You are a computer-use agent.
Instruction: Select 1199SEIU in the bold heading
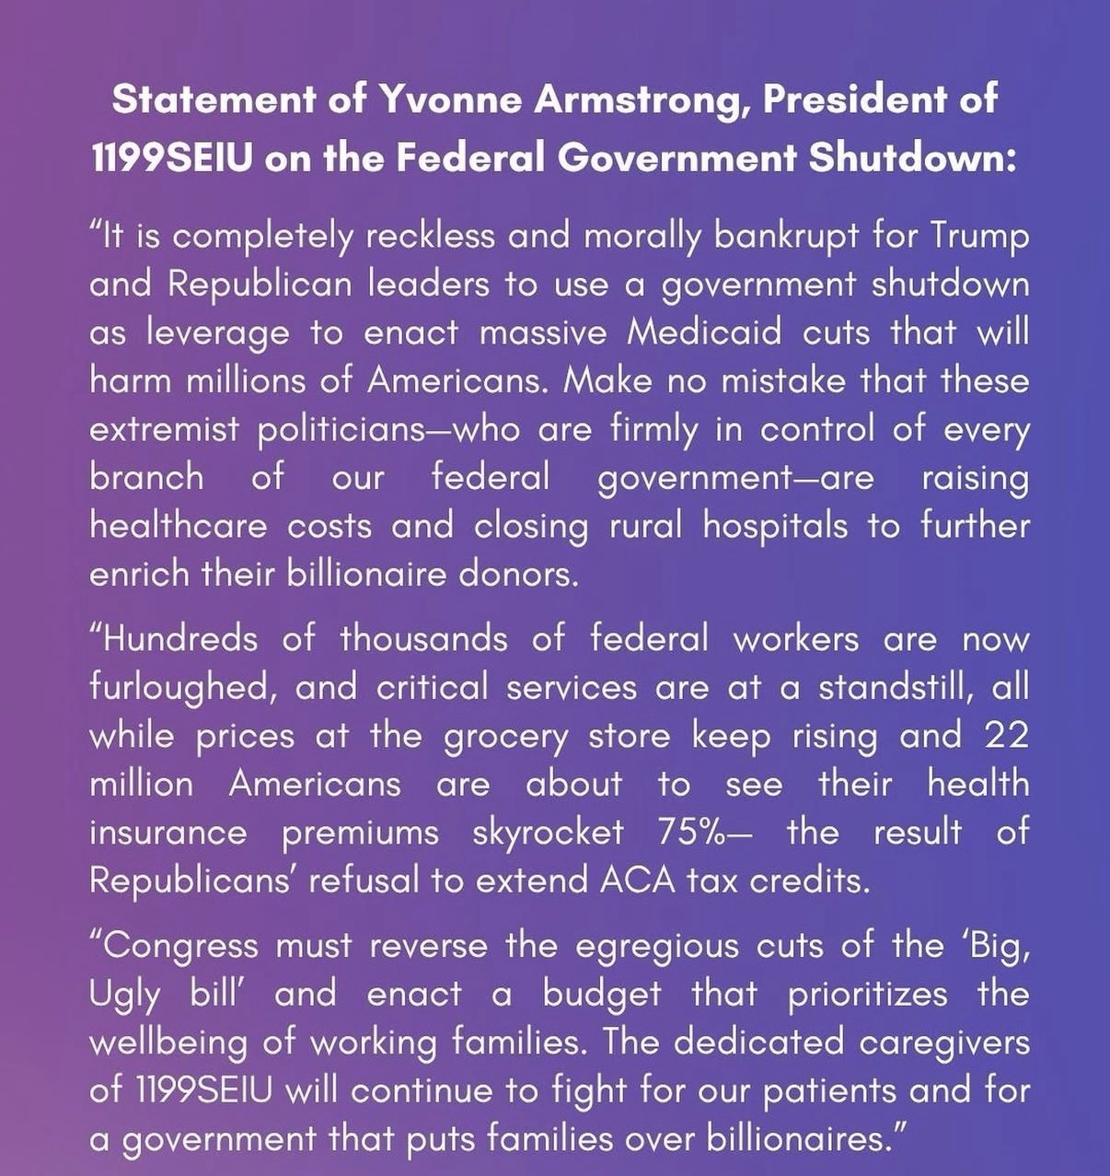[x=172, y=158]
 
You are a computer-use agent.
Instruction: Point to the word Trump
[x=978, y=236]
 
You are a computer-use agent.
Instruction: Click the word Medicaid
[x=704, y=332]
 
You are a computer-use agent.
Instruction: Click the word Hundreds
[x=174, y=638]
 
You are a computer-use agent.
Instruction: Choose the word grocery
[x=506, y=737]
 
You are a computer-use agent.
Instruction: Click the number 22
[x=1005, y=735]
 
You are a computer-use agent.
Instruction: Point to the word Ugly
[x=125, y=996]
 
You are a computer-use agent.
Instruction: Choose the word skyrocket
[x=548, y=832]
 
